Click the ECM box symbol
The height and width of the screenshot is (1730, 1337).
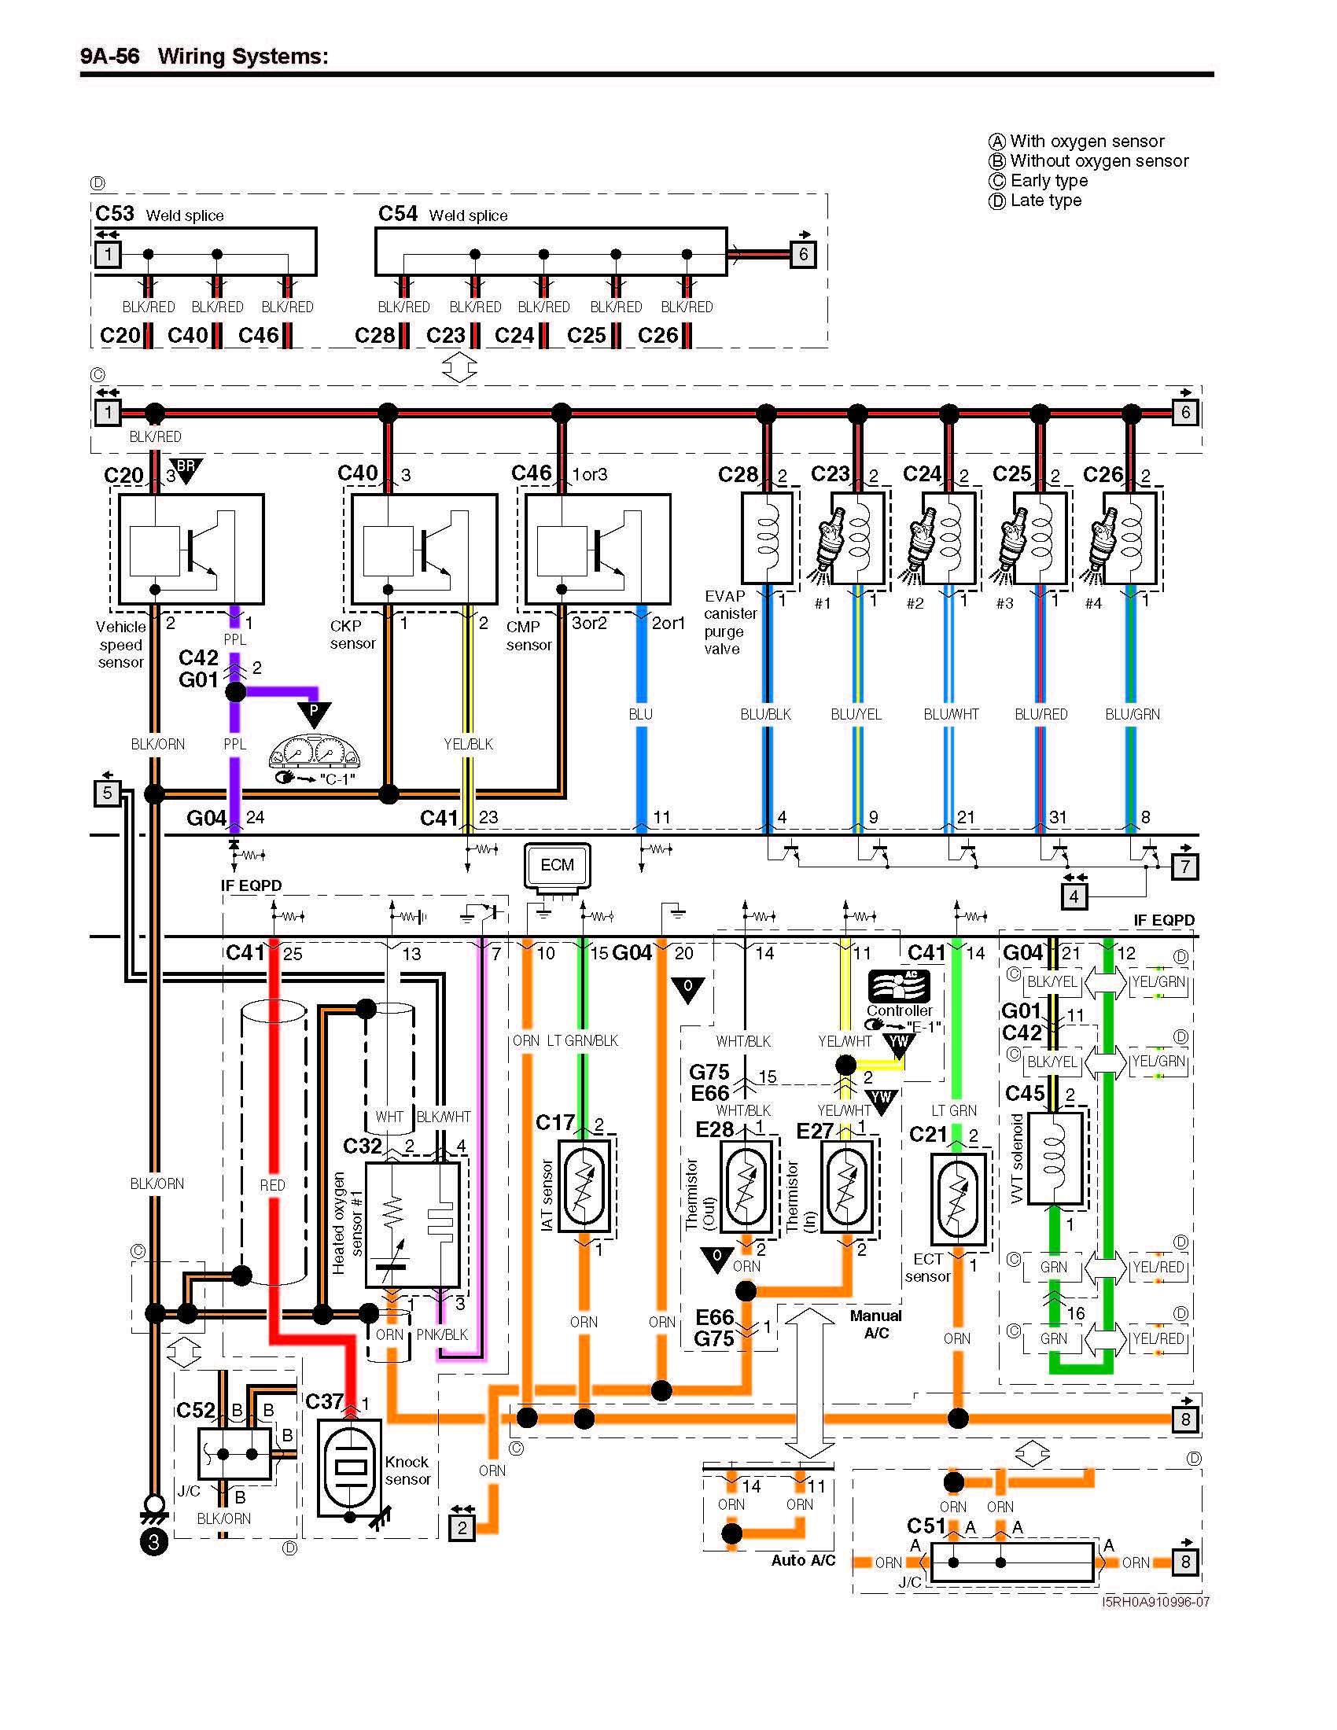pos(557,865)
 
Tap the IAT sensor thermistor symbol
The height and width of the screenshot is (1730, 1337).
pos(585,1185)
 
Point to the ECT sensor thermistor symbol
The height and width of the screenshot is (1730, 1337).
pos(958,1199)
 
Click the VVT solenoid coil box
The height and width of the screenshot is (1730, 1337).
pos(1054,1158)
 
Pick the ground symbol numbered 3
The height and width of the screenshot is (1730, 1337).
pos(153,1541)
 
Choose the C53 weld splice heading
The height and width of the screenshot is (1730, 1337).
pos(159,215)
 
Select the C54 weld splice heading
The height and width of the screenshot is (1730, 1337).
pos(443,215)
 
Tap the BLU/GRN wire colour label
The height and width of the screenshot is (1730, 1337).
pos(1132,714)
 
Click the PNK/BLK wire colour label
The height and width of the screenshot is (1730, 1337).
pos(442,1334)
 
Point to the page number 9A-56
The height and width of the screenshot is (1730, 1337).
pos(109,57)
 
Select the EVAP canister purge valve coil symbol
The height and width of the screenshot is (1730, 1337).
pos(767,537)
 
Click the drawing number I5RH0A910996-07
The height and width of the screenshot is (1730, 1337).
pos(1155,1602)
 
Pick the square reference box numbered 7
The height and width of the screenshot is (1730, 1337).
pos(1184,866)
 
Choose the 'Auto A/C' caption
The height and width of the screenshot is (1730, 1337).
pos(802,1559)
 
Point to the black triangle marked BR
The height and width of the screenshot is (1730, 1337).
pos(186,469)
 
